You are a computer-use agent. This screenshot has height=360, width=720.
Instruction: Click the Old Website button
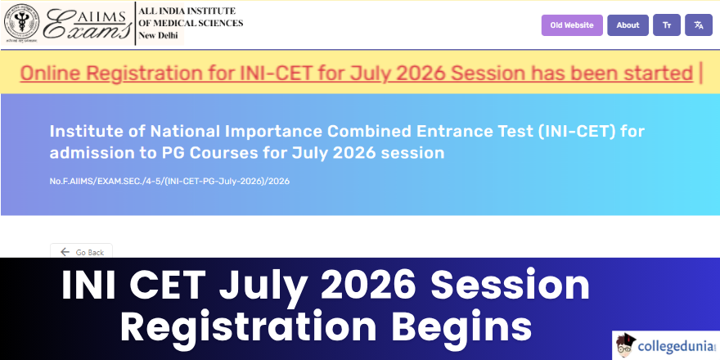click(x=572, y=25)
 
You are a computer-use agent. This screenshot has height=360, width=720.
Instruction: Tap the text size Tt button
click(x=667, y=25)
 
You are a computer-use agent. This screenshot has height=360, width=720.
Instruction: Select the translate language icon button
click(x=699, y=25)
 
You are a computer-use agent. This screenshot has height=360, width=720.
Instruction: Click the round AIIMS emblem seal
click(x=21, y=23)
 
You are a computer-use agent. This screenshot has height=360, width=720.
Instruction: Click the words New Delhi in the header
click(x=158, y=36)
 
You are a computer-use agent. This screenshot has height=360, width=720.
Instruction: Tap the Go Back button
click(x=81, y=252)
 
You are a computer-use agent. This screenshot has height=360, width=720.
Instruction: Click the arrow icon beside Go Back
click(x=65, y=252)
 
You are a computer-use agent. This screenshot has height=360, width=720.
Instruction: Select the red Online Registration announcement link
click(x=357, y=74)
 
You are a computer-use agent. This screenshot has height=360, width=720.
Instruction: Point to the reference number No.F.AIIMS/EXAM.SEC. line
click(x=169, y=182)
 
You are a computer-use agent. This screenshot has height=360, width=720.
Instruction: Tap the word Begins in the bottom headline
click(x=461, y=326)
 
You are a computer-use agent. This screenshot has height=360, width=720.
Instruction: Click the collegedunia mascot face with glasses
click(x=624, y=345)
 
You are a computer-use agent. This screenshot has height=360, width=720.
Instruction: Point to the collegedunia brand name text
click(x=676, y=346)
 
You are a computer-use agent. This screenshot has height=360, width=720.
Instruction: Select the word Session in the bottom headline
click(x=511, y=286)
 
